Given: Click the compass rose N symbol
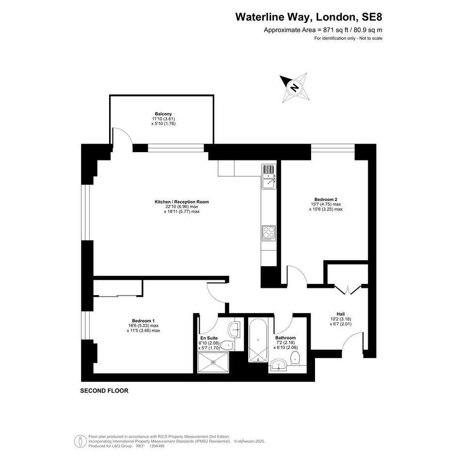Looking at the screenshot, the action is tap(295, 87).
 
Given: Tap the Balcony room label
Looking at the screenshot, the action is tap(163, 114).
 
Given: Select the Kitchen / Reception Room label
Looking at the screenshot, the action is tap(182, 202).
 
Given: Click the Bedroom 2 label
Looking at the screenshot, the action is tap(326, 200).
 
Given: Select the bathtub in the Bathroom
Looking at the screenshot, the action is tap(258, 340).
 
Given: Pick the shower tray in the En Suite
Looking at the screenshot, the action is tap(213, 362).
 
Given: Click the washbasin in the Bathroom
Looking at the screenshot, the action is tap(279, 365).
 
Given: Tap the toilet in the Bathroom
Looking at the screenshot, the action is tap(295, 358).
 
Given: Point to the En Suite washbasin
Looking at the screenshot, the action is tap(235, 330).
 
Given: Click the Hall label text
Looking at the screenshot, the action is tap(341, 314).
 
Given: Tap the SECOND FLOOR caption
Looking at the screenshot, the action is tap(104, 391).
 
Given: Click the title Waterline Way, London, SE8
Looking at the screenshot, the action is tap(309, 17).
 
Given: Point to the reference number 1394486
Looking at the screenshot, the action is tap(157, 446).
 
